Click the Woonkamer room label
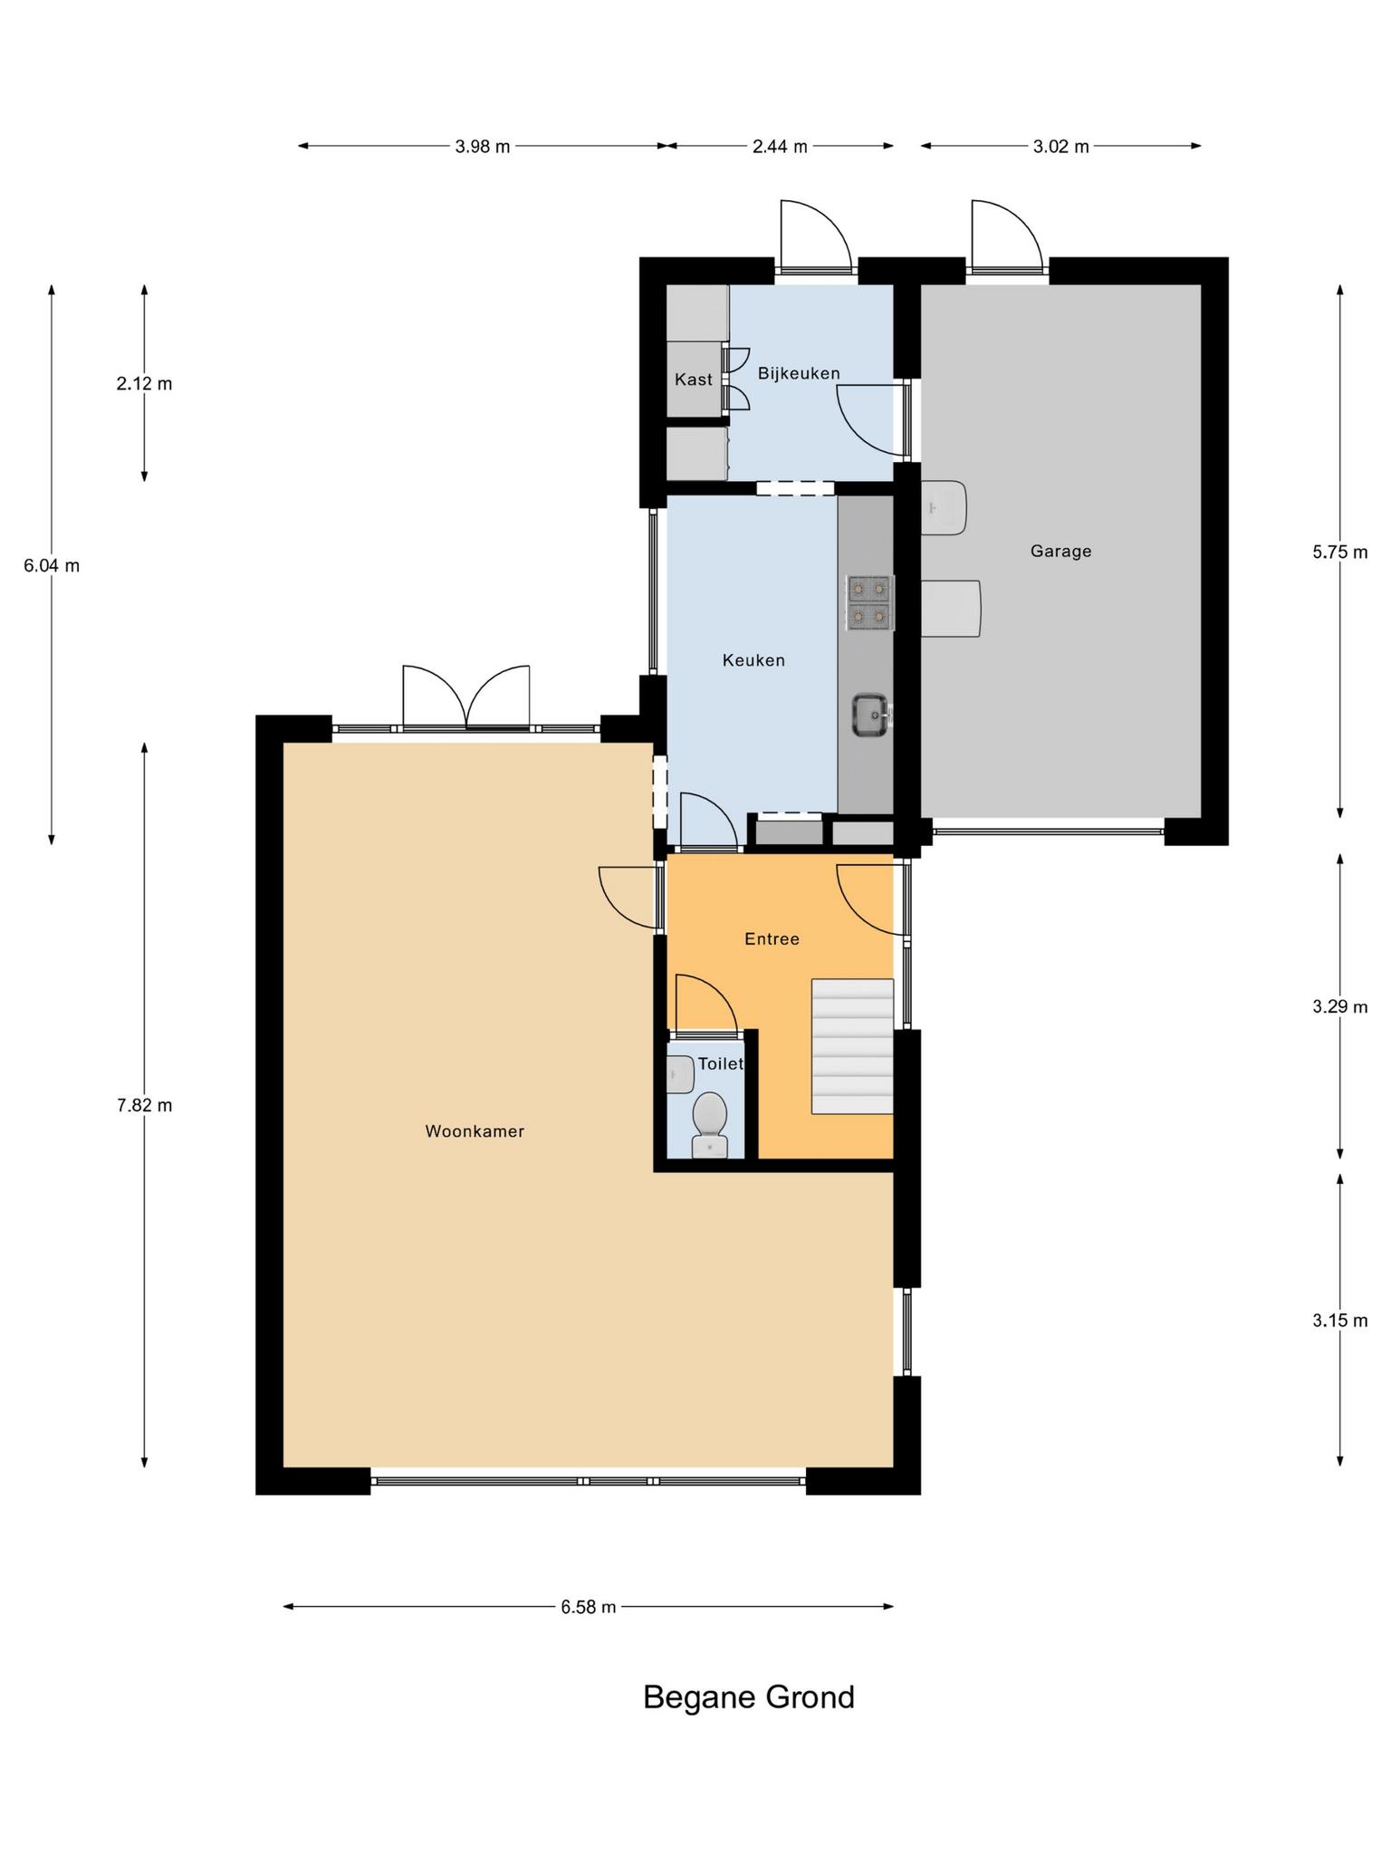[475, 1131]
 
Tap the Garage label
[1060, 551]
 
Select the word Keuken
[753, 660]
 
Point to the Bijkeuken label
[799, 373]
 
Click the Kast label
[694, 380]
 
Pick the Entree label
[772, 939]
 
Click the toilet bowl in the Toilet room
[709, 1124]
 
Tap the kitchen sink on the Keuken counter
[870, 716]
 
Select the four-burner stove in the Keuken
[869, 602]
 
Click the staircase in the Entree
[852, 1046]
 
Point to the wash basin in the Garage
[944, 507]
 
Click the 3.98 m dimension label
[483, 147]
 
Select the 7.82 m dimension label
[144, 1105]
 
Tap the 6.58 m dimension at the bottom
[589, 1607]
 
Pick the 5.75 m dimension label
[1340, 552]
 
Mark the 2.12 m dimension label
[144, 383]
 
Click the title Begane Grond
[749, 1696]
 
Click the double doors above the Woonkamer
[465, 697]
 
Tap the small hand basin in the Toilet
[680, 1075]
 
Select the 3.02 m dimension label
[1060, 147]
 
